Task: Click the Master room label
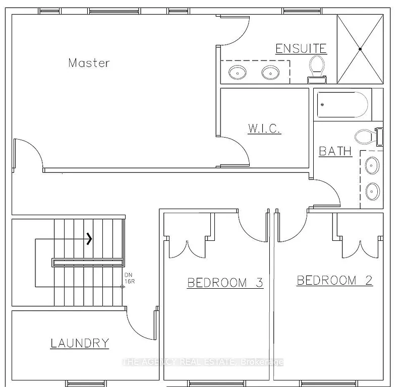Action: click(89, 63)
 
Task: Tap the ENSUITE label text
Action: click(301, 49)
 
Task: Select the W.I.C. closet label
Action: click(264, 129)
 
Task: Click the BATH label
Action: click(335, 151)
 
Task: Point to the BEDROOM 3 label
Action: click(225, 282)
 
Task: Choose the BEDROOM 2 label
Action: click(334, 280)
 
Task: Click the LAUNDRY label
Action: click(80, 343)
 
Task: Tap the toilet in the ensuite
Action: click(317, 69)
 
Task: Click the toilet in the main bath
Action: click(367, 136)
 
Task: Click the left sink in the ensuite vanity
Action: click(237, 73)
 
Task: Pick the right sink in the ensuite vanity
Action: click(270, 73)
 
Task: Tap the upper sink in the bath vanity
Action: click(372, 164)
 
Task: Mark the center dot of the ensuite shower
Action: click(360, 49)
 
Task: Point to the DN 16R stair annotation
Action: click(129, 279)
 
